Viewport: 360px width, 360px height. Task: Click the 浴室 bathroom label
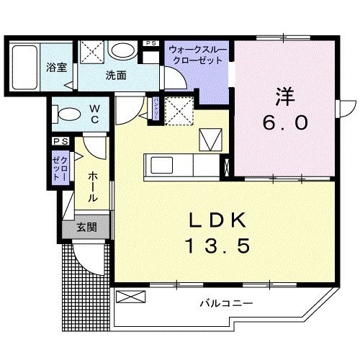[57, 68]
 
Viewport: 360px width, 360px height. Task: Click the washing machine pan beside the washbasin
[92, 52]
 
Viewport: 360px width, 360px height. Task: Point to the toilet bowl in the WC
[66, 114]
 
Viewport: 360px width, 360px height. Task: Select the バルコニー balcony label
[226, 304]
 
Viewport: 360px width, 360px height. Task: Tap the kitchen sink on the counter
[158, 166]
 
